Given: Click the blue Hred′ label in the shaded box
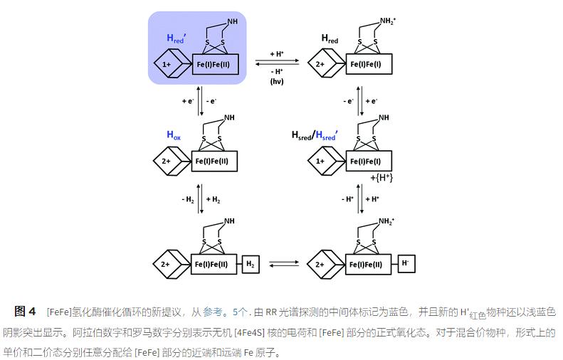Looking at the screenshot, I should pos(176,38).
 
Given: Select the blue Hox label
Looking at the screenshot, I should pos(174,134).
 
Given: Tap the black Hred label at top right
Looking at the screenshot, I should pos(330,38).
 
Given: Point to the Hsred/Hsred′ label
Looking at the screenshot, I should pos(315,134).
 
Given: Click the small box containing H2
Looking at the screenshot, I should pos(250,265).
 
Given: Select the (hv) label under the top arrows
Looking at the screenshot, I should pos(277,82).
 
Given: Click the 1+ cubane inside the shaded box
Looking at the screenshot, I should pos(167,65).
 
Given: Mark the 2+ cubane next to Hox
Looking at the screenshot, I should pos(167,162).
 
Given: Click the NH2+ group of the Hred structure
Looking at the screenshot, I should pos(386,21).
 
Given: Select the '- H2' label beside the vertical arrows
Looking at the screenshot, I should pos(188,199).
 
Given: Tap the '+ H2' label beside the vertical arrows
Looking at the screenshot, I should pos(214,199).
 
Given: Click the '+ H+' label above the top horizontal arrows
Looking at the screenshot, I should pos(277,53).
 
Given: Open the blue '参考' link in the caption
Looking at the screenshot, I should pos(213,312).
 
